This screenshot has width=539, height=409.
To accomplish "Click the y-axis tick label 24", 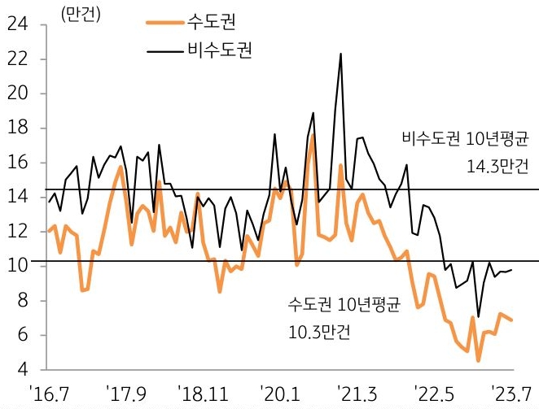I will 17,25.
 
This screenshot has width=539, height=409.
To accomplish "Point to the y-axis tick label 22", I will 17,59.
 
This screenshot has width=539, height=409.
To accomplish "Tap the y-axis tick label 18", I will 17,128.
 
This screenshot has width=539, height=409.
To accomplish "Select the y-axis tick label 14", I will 17,197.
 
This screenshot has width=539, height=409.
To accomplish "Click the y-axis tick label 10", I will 17,266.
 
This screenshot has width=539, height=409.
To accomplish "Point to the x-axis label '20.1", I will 280,393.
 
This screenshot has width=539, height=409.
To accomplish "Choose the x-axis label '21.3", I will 357,393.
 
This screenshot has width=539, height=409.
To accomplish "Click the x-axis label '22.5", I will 433,393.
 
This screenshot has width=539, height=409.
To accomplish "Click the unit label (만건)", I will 80,17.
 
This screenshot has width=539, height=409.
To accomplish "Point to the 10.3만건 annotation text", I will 319,333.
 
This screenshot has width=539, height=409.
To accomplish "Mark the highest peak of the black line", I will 340,54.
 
